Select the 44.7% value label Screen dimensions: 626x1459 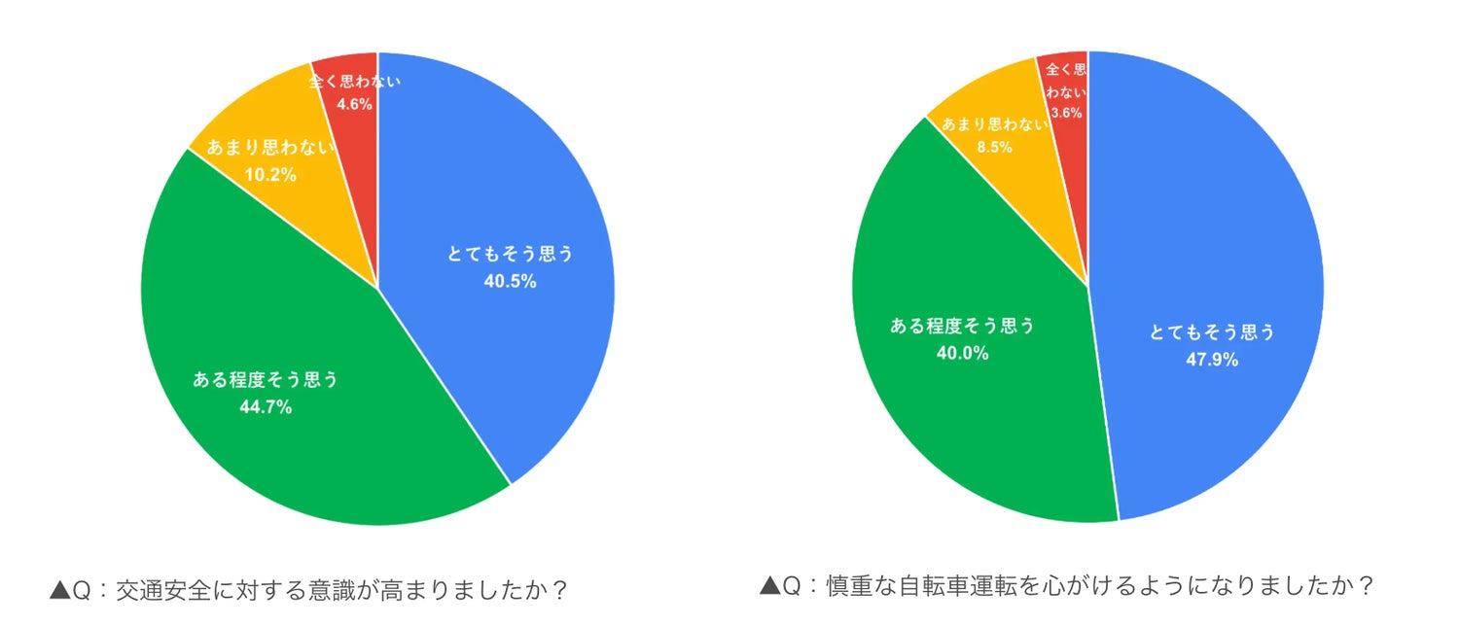pos(266,407)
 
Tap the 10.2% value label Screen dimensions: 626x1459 pos(270,176)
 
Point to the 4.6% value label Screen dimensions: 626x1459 pos(354,104)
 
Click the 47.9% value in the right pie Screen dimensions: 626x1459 pos(1212,360)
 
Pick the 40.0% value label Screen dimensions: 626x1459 pos(962,354)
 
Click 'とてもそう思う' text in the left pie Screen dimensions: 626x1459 pos(511,255)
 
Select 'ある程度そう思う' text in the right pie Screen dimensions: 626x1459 pos(962,327)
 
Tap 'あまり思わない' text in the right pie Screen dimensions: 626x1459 pos(988,124)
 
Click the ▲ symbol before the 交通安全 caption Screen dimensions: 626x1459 pos(59,590)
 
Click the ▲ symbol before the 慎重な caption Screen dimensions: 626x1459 pos(769,586)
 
